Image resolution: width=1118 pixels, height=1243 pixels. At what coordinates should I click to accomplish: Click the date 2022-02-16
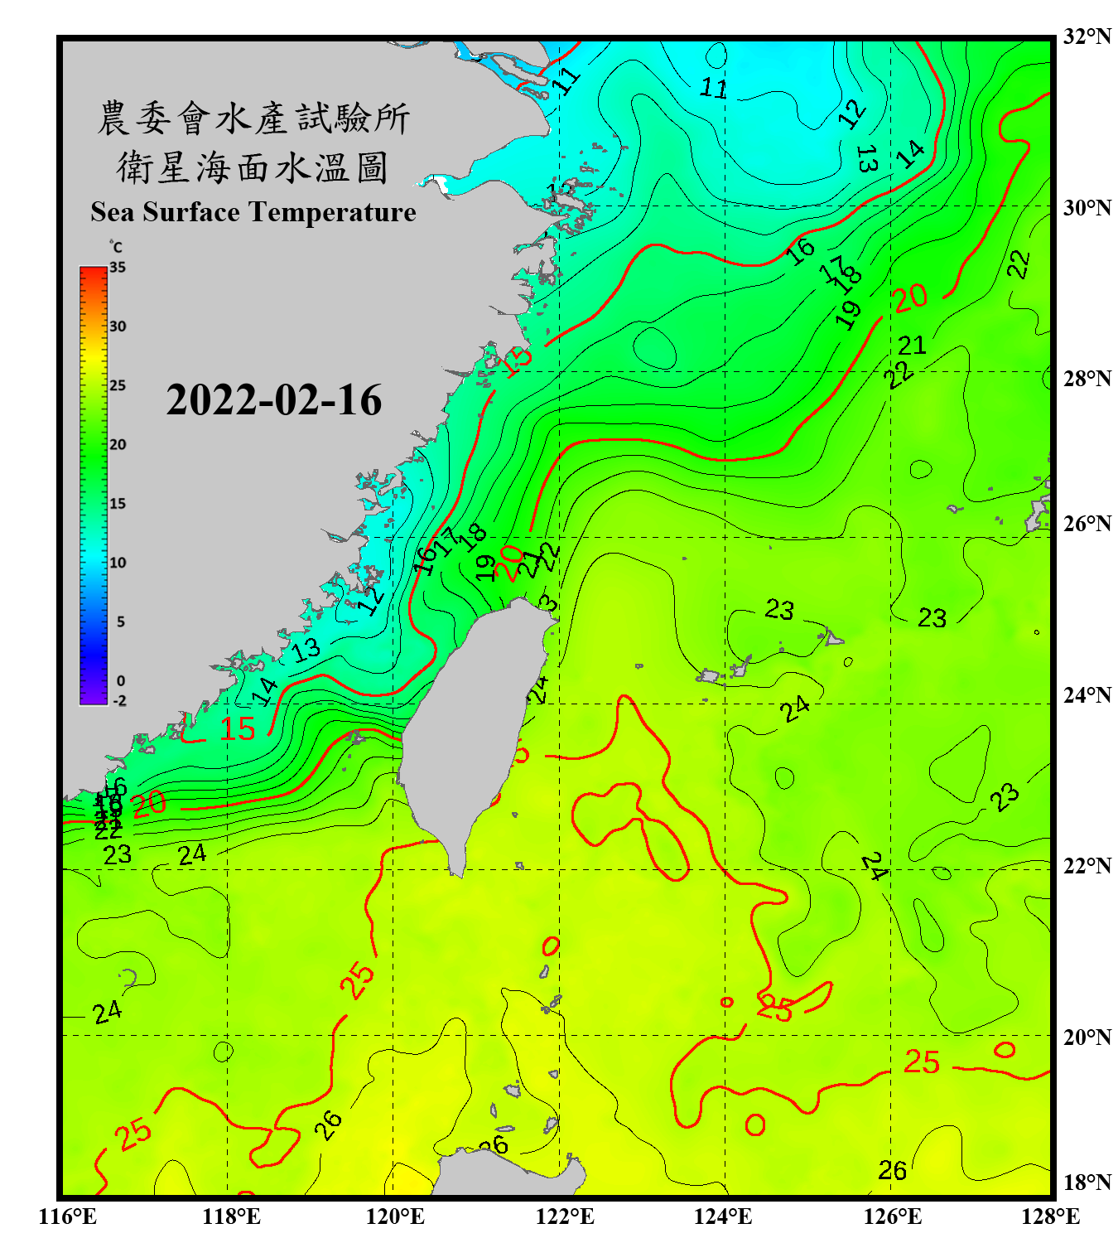(273, 400)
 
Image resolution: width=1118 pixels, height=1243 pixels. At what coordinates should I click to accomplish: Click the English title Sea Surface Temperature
(253, 212)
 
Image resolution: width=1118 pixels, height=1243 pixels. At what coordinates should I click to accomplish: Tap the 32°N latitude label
(1087, 36)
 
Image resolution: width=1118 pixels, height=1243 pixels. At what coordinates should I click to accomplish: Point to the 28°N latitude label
(1087, 378)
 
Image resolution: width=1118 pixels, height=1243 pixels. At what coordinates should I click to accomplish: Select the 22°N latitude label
(1087, 865)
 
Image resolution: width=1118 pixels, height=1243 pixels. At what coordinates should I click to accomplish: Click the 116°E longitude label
(68, 1216)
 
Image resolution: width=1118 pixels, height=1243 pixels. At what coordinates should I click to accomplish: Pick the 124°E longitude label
(723, 1216)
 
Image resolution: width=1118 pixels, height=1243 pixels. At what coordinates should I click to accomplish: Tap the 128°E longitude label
(1050, 1216)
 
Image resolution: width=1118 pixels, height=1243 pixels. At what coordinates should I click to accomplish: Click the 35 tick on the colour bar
(118, 268)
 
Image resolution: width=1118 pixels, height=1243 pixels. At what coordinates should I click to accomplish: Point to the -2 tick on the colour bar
(119, 701)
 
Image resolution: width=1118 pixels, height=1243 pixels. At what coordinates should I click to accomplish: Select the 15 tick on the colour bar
(118, 504)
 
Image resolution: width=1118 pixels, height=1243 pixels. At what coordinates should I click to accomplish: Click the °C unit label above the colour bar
(115, 247)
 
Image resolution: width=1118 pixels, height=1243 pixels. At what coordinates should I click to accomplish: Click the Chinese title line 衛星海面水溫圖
(253, 167)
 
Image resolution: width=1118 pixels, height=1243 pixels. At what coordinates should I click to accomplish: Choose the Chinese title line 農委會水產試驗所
(253, 118)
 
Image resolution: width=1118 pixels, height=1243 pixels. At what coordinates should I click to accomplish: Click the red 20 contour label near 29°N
(910, 297)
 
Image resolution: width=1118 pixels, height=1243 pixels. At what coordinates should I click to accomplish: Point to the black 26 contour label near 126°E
(892, 1170)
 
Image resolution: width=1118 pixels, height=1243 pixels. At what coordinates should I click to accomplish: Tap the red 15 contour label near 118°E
(238, 729)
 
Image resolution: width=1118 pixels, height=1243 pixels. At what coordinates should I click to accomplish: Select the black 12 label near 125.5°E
(851, 113)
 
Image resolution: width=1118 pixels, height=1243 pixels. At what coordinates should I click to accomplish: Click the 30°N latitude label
(1087, 207)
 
